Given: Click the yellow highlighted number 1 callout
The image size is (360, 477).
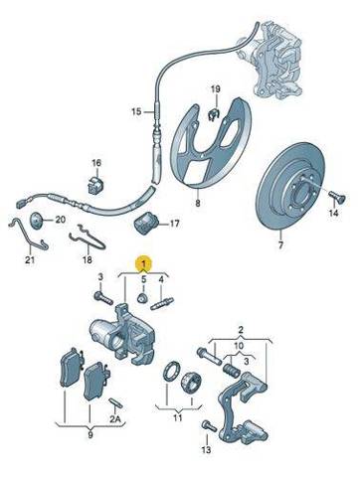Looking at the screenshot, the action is [x=143, y=263].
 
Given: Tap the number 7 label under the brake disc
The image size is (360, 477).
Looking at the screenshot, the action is [x=280, y=245].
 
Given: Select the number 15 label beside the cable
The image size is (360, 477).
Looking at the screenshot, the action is [x=136, y=111].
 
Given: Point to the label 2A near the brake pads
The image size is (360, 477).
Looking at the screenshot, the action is [x=115, y=419].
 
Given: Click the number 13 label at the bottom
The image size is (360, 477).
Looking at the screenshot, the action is [x=206, y=449].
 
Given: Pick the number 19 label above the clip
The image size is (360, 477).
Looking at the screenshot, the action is [x=216, y=89].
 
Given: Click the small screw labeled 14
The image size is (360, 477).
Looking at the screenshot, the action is [x=337, y=199].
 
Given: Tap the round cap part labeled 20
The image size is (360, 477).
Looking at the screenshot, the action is [x=37, y=220].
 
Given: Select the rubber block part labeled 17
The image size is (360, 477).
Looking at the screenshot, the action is [x=147, y=224].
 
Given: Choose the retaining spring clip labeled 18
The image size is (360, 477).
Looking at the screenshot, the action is [x=88, y=238].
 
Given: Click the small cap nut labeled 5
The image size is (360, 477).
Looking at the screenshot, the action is [x=142, y=298].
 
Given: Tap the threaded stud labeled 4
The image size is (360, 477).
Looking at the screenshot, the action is [x=162, y=304].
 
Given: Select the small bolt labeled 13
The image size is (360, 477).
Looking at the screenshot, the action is [x=210, y=425].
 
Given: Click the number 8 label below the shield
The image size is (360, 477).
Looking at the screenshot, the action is [x=198, y=203].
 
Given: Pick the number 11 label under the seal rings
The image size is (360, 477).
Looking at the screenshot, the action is [x=178, y=417].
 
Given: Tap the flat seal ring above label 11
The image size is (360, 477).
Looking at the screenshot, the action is [x=171, y=373].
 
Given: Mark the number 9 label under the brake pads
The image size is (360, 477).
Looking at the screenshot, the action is [x=90, y=434].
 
